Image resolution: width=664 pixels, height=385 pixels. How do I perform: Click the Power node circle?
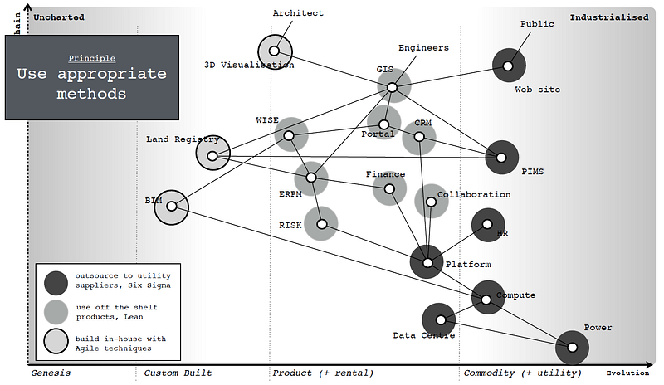[x=571, y=346]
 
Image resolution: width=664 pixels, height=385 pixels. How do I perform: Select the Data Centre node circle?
[x=439, y=319]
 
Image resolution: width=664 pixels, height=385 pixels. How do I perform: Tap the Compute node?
[x=487, y=296]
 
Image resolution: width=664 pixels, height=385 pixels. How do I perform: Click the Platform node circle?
[x=427, y=262]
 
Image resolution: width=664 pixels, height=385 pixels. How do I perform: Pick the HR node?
[x=487, y=224]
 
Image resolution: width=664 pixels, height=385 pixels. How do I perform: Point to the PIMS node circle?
[x=501, y=156]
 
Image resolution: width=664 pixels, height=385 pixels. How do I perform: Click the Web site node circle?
[x=508, y=65]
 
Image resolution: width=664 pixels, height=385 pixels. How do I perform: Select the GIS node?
[x=393, y=86]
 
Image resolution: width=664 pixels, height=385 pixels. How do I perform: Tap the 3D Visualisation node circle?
[x=275, y=51]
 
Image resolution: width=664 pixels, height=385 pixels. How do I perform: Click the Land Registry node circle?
[x=212, y=154]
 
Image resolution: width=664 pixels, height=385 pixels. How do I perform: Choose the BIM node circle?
[x=172, y=207]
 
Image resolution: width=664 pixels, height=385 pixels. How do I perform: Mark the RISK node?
[x=321, y=223]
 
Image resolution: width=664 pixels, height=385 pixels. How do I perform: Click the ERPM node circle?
[x=311, y=178]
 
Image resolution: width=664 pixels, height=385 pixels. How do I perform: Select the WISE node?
[x=290, y=135]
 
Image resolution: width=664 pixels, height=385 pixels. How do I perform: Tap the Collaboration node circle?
[x=431, y=201]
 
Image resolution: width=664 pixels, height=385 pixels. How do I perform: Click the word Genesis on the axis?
[x=50, y=373]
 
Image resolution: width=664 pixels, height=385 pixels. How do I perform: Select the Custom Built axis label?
[x=178, y=373]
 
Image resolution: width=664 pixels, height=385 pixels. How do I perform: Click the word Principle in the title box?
[x=92, y=58]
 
